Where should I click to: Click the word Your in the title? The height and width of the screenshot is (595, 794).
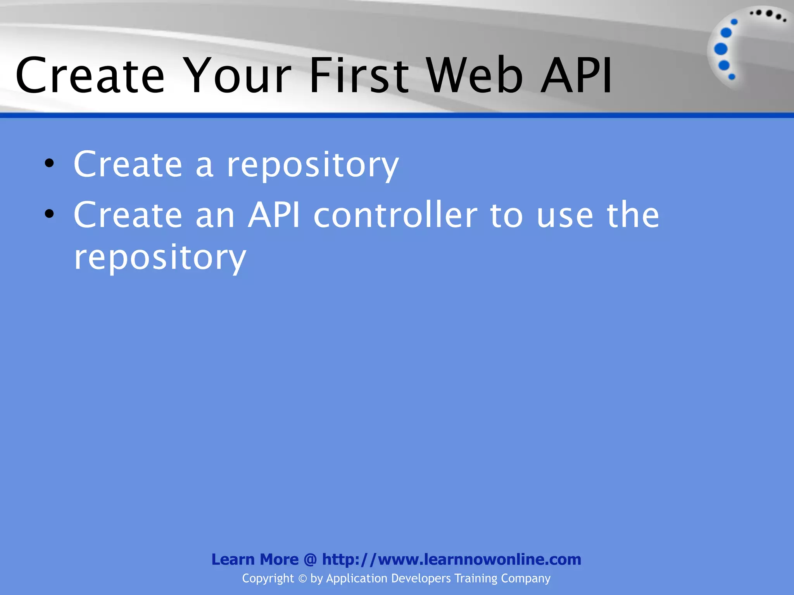pos(237,76)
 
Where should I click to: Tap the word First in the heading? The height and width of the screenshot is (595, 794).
pos(359,76)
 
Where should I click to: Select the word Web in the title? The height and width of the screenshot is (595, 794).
pos(475,76)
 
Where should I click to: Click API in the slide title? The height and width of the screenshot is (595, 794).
pos(576,76)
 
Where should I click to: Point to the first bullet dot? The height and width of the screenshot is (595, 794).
pos(49,164)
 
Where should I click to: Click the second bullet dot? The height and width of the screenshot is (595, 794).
pos(49,214)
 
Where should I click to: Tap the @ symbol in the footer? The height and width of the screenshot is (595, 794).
pos(310,560)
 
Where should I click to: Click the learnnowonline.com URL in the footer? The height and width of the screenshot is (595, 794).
pos(452,560)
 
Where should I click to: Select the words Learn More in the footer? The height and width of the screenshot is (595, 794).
pos(255,560)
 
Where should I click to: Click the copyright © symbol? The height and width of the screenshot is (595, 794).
pos(302,579)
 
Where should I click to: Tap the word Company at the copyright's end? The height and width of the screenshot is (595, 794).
pos(525,579)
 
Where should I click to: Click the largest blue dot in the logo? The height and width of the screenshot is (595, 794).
pos(721,49)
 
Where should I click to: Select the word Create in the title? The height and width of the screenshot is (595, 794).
pos(90,76)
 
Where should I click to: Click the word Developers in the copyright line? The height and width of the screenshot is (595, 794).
pos(421,579)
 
